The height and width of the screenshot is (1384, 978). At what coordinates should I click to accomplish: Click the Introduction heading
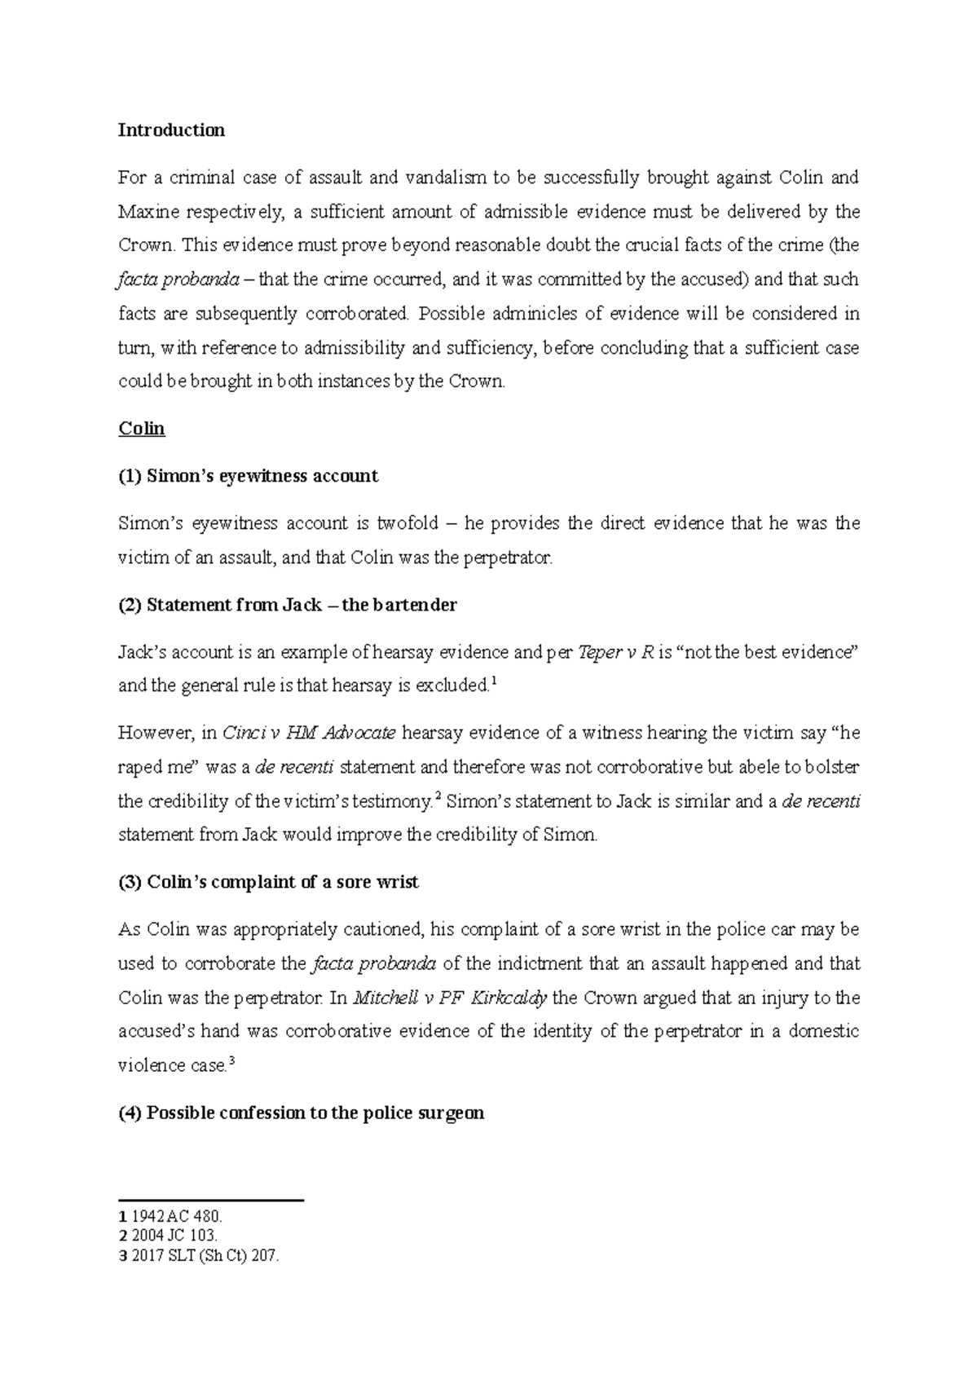(x=171, y=130)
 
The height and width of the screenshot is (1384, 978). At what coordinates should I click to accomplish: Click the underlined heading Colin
(x=142, y=429)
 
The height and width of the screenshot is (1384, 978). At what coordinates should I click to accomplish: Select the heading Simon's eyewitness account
(x=249, y=476)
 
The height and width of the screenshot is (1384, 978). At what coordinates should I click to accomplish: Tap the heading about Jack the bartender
(x=288, y=605)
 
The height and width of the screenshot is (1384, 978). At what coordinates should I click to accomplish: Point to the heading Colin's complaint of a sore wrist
(x=269, y=882)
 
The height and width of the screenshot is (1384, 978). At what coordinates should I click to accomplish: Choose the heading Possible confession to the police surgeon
(x=302, y=1113)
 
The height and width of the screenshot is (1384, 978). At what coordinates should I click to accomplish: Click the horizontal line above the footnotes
(x=211, y=1200)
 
